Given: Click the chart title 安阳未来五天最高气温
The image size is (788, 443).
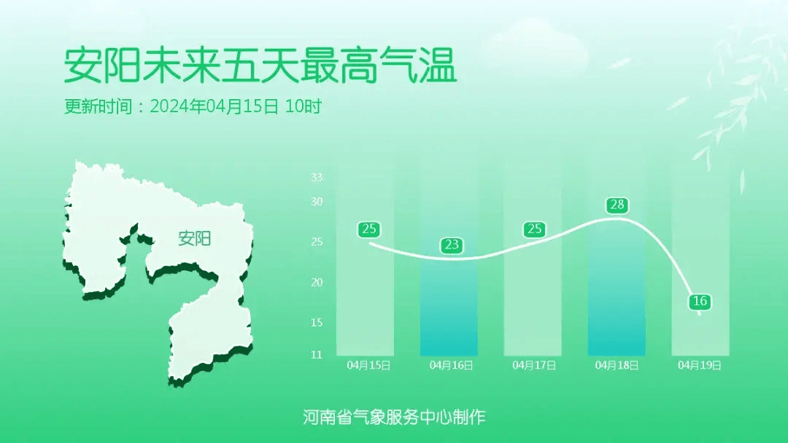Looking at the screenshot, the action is click(260, 66).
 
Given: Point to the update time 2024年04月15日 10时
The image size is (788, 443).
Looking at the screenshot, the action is click(236, 106).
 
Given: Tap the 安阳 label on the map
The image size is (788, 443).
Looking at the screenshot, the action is click(195, 238).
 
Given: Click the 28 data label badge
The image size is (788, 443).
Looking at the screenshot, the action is click(617, 205).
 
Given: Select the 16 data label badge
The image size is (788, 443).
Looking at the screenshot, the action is click(700, 301).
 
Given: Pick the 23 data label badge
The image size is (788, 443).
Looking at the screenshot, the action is click(452, 245).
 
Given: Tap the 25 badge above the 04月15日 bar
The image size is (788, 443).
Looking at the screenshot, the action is click(369, 230).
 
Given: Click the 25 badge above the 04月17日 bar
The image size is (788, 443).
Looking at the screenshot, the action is click(534, 230).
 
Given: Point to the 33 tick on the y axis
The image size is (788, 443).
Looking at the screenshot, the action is click(317, 177).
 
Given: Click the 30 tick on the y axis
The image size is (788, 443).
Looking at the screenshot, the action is click(317, 202).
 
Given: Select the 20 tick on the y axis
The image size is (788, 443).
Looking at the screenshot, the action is click(317, 283).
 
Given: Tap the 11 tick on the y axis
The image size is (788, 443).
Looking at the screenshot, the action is click(317, 355).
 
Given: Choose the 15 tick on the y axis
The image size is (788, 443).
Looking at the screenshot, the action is click(317, 323).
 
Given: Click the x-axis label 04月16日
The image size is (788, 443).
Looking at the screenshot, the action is click(452, 365).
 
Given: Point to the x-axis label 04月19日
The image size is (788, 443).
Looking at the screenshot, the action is click(700, 365).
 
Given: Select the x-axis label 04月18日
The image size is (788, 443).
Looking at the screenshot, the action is click(617, 365).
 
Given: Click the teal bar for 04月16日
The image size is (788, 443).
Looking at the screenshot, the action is click(449, 307).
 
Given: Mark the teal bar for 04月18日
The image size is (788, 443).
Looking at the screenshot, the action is click(617, 288).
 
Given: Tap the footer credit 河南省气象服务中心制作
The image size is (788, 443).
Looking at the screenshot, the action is click(394, 417).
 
